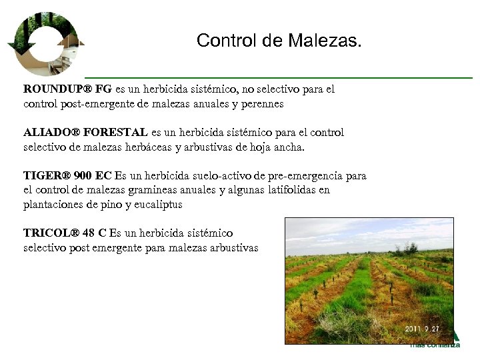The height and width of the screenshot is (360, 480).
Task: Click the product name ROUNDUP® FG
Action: [x=67, y=89]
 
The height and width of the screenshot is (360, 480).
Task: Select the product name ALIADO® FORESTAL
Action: [x=86, y=133]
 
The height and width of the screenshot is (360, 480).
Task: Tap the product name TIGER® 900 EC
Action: [x=67, y=177]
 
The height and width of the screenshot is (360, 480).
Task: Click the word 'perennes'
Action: [x=261, y=103]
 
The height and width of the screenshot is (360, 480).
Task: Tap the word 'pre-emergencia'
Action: [x=307, y=177]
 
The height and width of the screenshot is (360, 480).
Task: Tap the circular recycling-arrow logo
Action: [x=42, y=44]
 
